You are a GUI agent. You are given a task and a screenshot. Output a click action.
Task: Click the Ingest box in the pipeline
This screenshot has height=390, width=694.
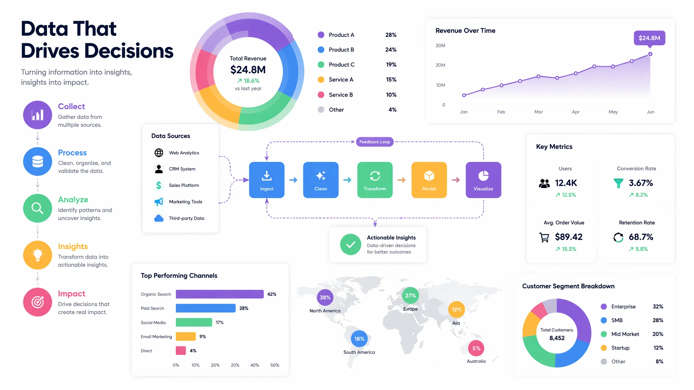(267, 180)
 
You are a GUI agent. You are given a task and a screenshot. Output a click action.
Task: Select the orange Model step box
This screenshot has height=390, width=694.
(429, 180)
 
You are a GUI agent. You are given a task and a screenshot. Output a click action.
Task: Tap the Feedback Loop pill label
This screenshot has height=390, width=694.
(375, 142)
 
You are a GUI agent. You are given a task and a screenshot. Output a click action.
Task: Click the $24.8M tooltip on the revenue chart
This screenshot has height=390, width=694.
(649, 38)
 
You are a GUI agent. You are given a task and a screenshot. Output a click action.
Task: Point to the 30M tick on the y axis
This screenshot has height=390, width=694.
(441, 46)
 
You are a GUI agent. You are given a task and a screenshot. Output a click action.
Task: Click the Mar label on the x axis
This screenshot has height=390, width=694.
(538, 112)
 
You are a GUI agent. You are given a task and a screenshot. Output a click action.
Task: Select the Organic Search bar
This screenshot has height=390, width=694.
(220, 294)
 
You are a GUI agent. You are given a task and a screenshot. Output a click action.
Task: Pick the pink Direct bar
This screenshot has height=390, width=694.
(181, 351)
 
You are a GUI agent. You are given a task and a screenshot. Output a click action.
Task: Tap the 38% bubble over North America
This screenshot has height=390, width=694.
(325, 298)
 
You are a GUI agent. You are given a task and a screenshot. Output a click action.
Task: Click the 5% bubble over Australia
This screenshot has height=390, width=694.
(476, 348)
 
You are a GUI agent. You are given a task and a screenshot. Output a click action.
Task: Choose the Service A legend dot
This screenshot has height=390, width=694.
(321, 80)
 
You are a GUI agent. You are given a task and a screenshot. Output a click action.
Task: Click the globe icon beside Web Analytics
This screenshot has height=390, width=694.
(159, 153)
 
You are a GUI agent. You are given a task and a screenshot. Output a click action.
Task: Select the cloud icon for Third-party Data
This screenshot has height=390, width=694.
(159, 218)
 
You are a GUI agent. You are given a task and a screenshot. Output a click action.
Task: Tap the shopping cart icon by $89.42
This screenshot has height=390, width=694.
(544, 237)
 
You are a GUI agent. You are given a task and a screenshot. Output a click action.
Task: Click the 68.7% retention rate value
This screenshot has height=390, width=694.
(641, 237)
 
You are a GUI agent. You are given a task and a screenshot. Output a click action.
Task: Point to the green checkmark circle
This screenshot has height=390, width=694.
(351, 244)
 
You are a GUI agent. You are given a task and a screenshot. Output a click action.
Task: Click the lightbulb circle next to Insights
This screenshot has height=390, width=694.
(38, 255)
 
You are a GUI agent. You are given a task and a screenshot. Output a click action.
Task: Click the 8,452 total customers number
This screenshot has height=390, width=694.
(557, 338)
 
